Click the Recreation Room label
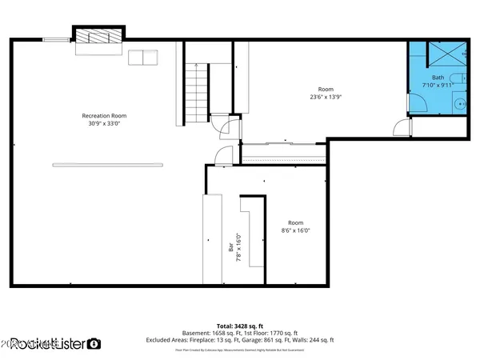click(x=104, y=116)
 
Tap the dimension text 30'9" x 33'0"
click(x=104, y=124)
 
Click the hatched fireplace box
click(x=98, y=35)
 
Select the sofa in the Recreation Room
click(x=144, y=58)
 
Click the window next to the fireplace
click(x=55, y=38)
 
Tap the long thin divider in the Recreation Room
click(x=107, y=165)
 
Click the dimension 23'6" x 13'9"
click(x=325, y=97)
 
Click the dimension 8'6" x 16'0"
click(x=296, y=230)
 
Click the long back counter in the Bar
click(x=211, y=240)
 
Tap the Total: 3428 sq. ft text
click(x=239, y=326)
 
